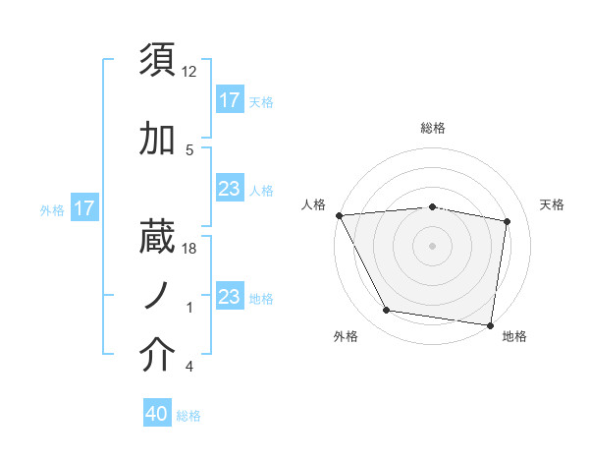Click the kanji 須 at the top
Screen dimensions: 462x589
coord(158,60)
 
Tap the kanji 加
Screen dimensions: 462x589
coord(158,140)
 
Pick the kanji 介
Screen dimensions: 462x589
coord(158,356)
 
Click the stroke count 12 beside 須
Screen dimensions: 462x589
coord(189,73)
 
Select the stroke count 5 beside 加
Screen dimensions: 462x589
coord(189,150)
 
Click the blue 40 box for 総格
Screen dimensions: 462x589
coord(158,415)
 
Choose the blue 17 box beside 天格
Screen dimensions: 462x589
coord(230,100)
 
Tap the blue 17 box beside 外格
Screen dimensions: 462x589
coord(84,208)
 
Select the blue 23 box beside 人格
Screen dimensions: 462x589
coord(230,189)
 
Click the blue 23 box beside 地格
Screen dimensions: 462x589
coord(230,297)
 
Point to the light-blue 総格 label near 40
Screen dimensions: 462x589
coord(189,416)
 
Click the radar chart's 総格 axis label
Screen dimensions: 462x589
coord(433,128)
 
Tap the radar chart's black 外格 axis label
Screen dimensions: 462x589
coord(346,336)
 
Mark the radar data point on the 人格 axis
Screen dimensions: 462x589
coord(339,215)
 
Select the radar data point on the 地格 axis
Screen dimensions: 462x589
coord(490,324)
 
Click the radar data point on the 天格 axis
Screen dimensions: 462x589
coord(508,221)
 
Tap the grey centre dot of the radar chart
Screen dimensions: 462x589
coord(433,246)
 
